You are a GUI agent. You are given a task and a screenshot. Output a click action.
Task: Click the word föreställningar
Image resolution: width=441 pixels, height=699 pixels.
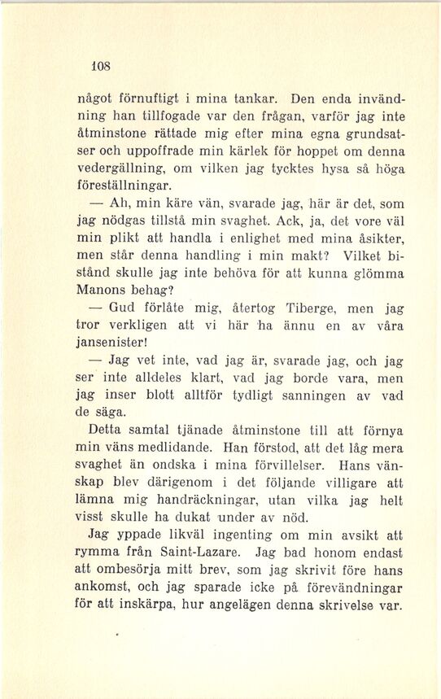pyautogui.click(x=134, y=189)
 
